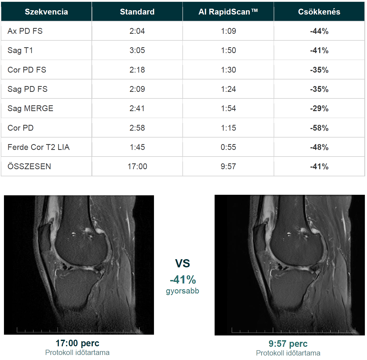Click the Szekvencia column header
click(46, 12)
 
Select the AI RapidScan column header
click(228, 12)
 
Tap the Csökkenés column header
click(319, 12)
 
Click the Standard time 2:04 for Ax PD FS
click(137, 31)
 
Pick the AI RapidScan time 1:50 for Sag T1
click(228, 50)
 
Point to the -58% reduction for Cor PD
click(319, 128)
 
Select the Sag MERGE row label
click(31, 108)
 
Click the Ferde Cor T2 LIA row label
click(39, 147)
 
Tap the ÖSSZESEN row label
click(29, 167)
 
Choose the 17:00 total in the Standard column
click(137, 167)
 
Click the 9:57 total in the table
click(228, 167)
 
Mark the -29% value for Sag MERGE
click(319, 108)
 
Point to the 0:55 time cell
click(228, 147)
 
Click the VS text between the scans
click(182, 263)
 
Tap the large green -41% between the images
click(183, 280)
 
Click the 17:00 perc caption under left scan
click(77, 343)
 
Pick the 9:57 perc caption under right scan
click(288, 344)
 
